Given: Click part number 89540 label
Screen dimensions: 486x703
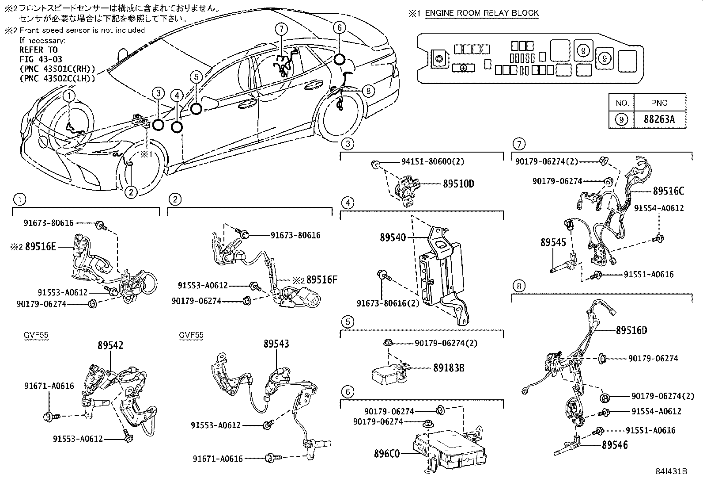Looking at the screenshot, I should pos(392,237).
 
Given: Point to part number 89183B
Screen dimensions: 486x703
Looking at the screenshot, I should pos(449,367).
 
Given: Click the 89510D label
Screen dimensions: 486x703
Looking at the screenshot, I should pos(458,184).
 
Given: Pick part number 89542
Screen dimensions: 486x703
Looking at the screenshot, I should pos(110,345).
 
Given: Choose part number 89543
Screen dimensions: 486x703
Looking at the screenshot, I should pos(276,344).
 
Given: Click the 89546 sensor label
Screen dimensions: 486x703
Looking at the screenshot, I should pos(615,445).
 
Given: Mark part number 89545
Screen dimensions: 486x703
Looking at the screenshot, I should pos(553,242).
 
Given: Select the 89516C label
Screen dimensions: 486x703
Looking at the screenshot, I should pos(668,191).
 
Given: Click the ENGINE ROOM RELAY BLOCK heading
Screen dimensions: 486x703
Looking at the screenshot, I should pos(482,13).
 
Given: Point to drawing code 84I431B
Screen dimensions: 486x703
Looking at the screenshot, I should pos(671,471).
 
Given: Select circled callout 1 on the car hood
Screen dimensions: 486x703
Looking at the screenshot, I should pos(69,95).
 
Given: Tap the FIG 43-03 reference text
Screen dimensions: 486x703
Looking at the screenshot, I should pos(41,59).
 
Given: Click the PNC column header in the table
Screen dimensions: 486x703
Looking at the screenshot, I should pos(659,103).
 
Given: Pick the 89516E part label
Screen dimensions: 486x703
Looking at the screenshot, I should pos(41,247).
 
